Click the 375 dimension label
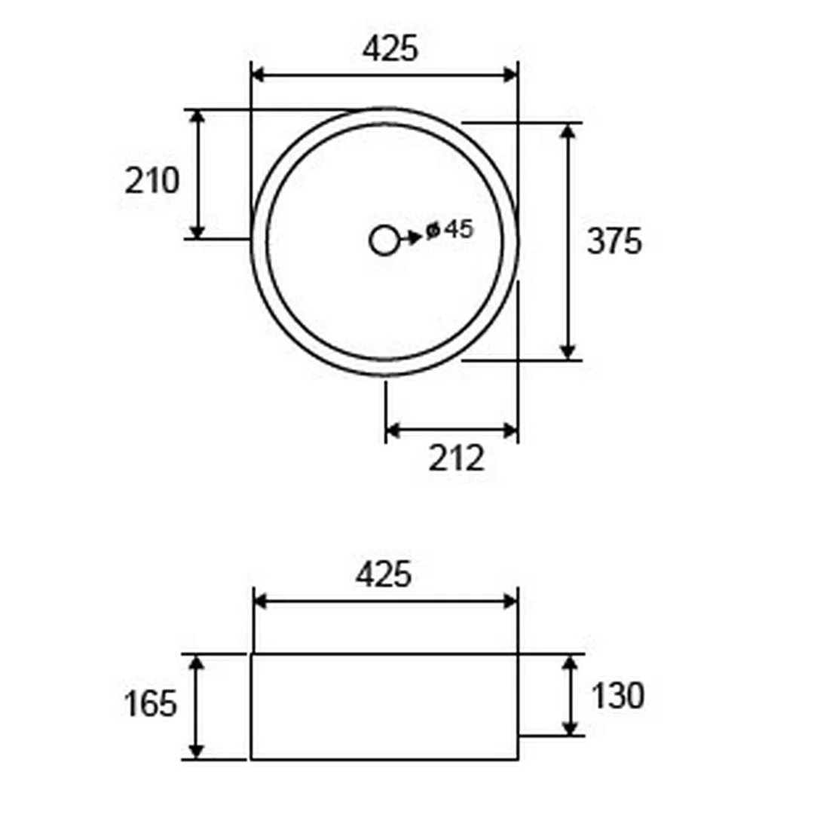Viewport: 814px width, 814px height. pyautogui.click(x=614, y=241)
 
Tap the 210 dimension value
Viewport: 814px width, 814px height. pyautogui.click(x=152, y=181)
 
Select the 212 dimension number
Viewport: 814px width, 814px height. pyautogui.click(x=456, y=458)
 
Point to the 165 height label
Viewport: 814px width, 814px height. pyautogui.click(x=151, y=704)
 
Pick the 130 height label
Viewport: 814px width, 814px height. pyautogui.click(x=618, y=696)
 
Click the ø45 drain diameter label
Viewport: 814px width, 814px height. pyautogui.click(x=449, y=229)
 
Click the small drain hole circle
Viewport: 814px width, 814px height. pyautogui.click(x=384, y=240)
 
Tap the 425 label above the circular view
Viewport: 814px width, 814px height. pyautogui.click(x=390, y=49)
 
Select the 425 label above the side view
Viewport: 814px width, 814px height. pyautogui.click(x=384, y=574)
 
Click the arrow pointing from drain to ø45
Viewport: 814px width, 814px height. pyautogui.click(x=411, y=238)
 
